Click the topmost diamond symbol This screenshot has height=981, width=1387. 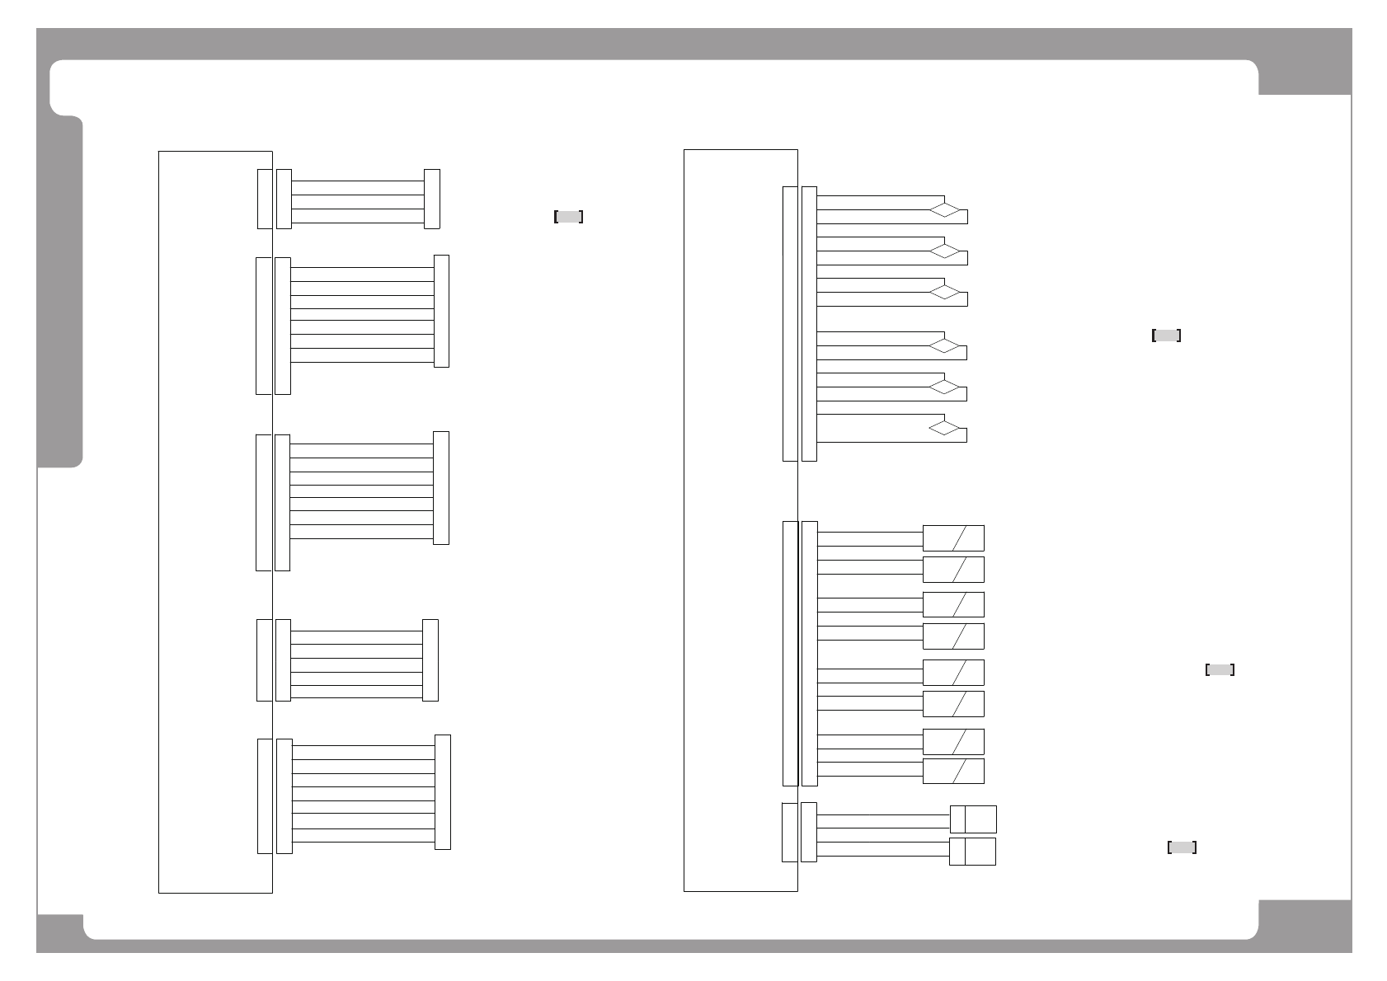point(946,209)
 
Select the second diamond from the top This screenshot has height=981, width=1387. point(946,250)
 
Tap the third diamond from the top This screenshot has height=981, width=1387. point(946,292)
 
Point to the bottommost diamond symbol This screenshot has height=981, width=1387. point(946,428)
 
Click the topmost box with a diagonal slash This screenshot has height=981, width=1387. point(953,538)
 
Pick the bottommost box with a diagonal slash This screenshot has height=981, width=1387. point(953,771)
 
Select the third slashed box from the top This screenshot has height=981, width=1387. point(953,604)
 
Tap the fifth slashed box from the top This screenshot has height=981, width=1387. point(953,672)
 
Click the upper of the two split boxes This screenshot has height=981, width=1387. point(973,819)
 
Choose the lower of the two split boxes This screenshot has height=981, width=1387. point(972,852)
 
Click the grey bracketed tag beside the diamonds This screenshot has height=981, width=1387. point(1166,336)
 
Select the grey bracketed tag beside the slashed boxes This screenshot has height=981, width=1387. point(1220,670)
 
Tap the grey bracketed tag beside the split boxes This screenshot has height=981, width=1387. point(1182,847)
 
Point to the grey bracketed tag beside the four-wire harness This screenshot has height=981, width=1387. point(569,217)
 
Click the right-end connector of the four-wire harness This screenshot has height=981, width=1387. point(431,199)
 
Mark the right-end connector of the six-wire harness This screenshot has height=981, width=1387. point(430,660)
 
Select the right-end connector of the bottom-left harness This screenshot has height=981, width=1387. point(443,791)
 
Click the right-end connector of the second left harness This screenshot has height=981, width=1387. point(441,311)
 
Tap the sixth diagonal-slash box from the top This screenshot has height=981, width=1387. point(953,703)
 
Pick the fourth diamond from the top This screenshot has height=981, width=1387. point(946,345)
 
